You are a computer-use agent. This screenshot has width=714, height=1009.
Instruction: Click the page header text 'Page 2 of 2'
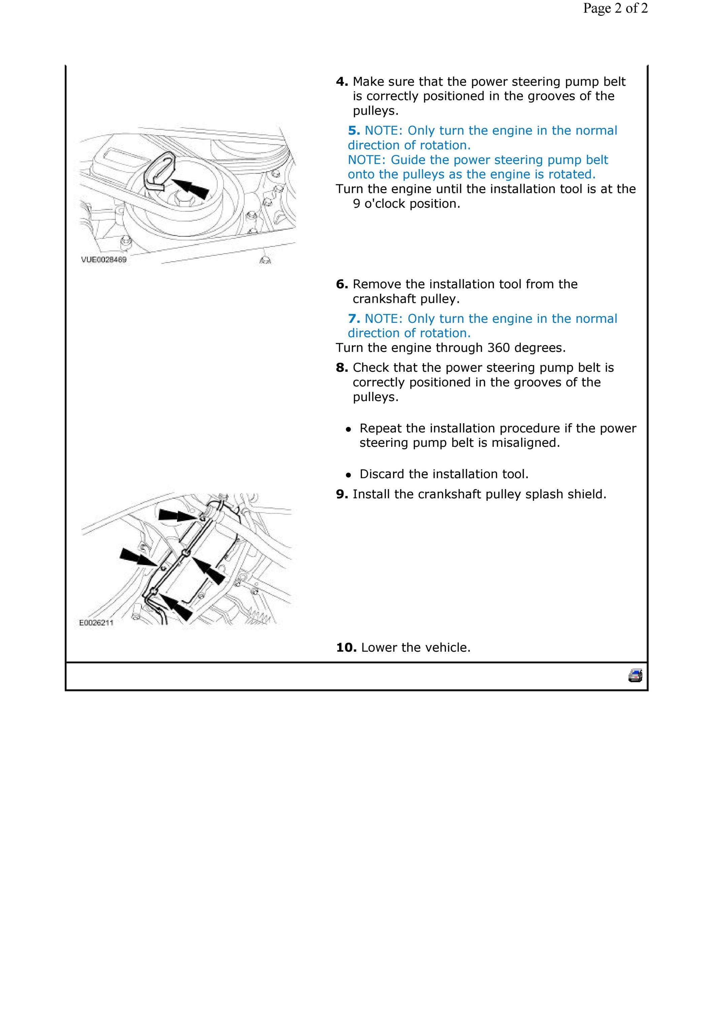615,8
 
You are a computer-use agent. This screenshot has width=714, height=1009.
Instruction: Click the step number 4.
342,82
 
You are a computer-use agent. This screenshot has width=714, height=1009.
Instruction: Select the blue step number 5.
354,131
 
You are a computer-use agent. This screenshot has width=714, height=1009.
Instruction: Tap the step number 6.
342,284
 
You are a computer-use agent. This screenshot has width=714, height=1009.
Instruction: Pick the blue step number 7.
354,319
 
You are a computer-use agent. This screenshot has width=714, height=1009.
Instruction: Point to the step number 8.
342,367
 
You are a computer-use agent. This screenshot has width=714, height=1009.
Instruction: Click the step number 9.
342,494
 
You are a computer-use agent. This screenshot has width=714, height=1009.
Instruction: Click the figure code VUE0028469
104,260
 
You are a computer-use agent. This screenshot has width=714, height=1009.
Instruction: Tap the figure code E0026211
96,623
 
